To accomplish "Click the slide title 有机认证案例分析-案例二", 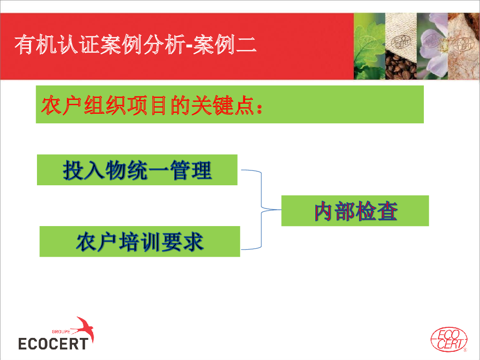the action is click(x=135, y=45).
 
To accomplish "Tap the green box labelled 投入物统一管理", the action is click(x=137, y=170).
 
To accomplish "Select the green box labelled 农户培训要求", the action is click(x=140, y=241).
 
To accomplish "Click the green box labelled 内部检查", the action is click(x=355, y=211).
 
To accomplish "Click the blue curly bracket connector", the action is click(x=261, y=210).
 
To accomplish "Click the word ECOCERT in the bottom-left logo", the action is click(x=53, y=344).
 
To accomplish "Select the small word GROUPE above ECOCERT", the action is click(x=61, y=332).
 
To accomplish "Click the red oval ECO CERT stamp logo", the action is click(x=449, y=339).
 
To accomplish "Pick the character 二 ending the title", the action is click(x=246, y=45).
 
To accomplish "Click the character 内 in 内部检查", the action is click(x=323, y=211).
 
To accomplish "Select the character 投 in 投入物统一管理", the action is click(x=73, y=170).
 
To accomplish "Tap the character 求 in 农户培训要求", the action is click(x=193, y=242).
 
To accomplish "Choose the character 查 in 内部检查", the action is click(x=387, y=211).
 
